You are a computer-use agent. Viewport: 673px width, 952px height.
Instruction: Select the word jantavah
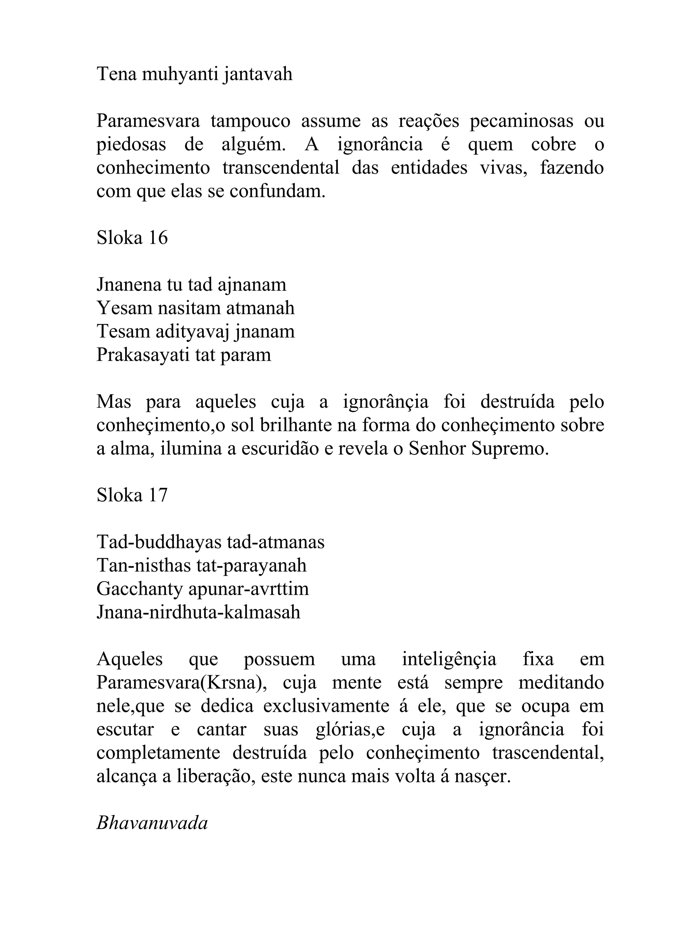tap(257, 75)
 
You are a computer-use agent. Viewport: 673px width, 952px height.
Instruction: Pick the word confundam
tap(277, 191)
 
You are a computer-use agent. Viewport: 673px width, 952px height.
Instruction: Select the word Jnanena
tap(128, 285)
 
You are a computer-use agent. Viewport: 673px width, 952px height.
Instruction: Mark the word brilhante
tap(296, 425)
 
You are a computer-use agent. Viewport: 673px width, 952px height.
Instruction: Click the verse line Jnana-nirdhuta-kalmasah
tap(198, 612)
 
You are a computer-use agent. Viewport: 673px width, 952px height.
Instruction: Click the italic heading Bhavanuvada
tap(152, 823)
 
